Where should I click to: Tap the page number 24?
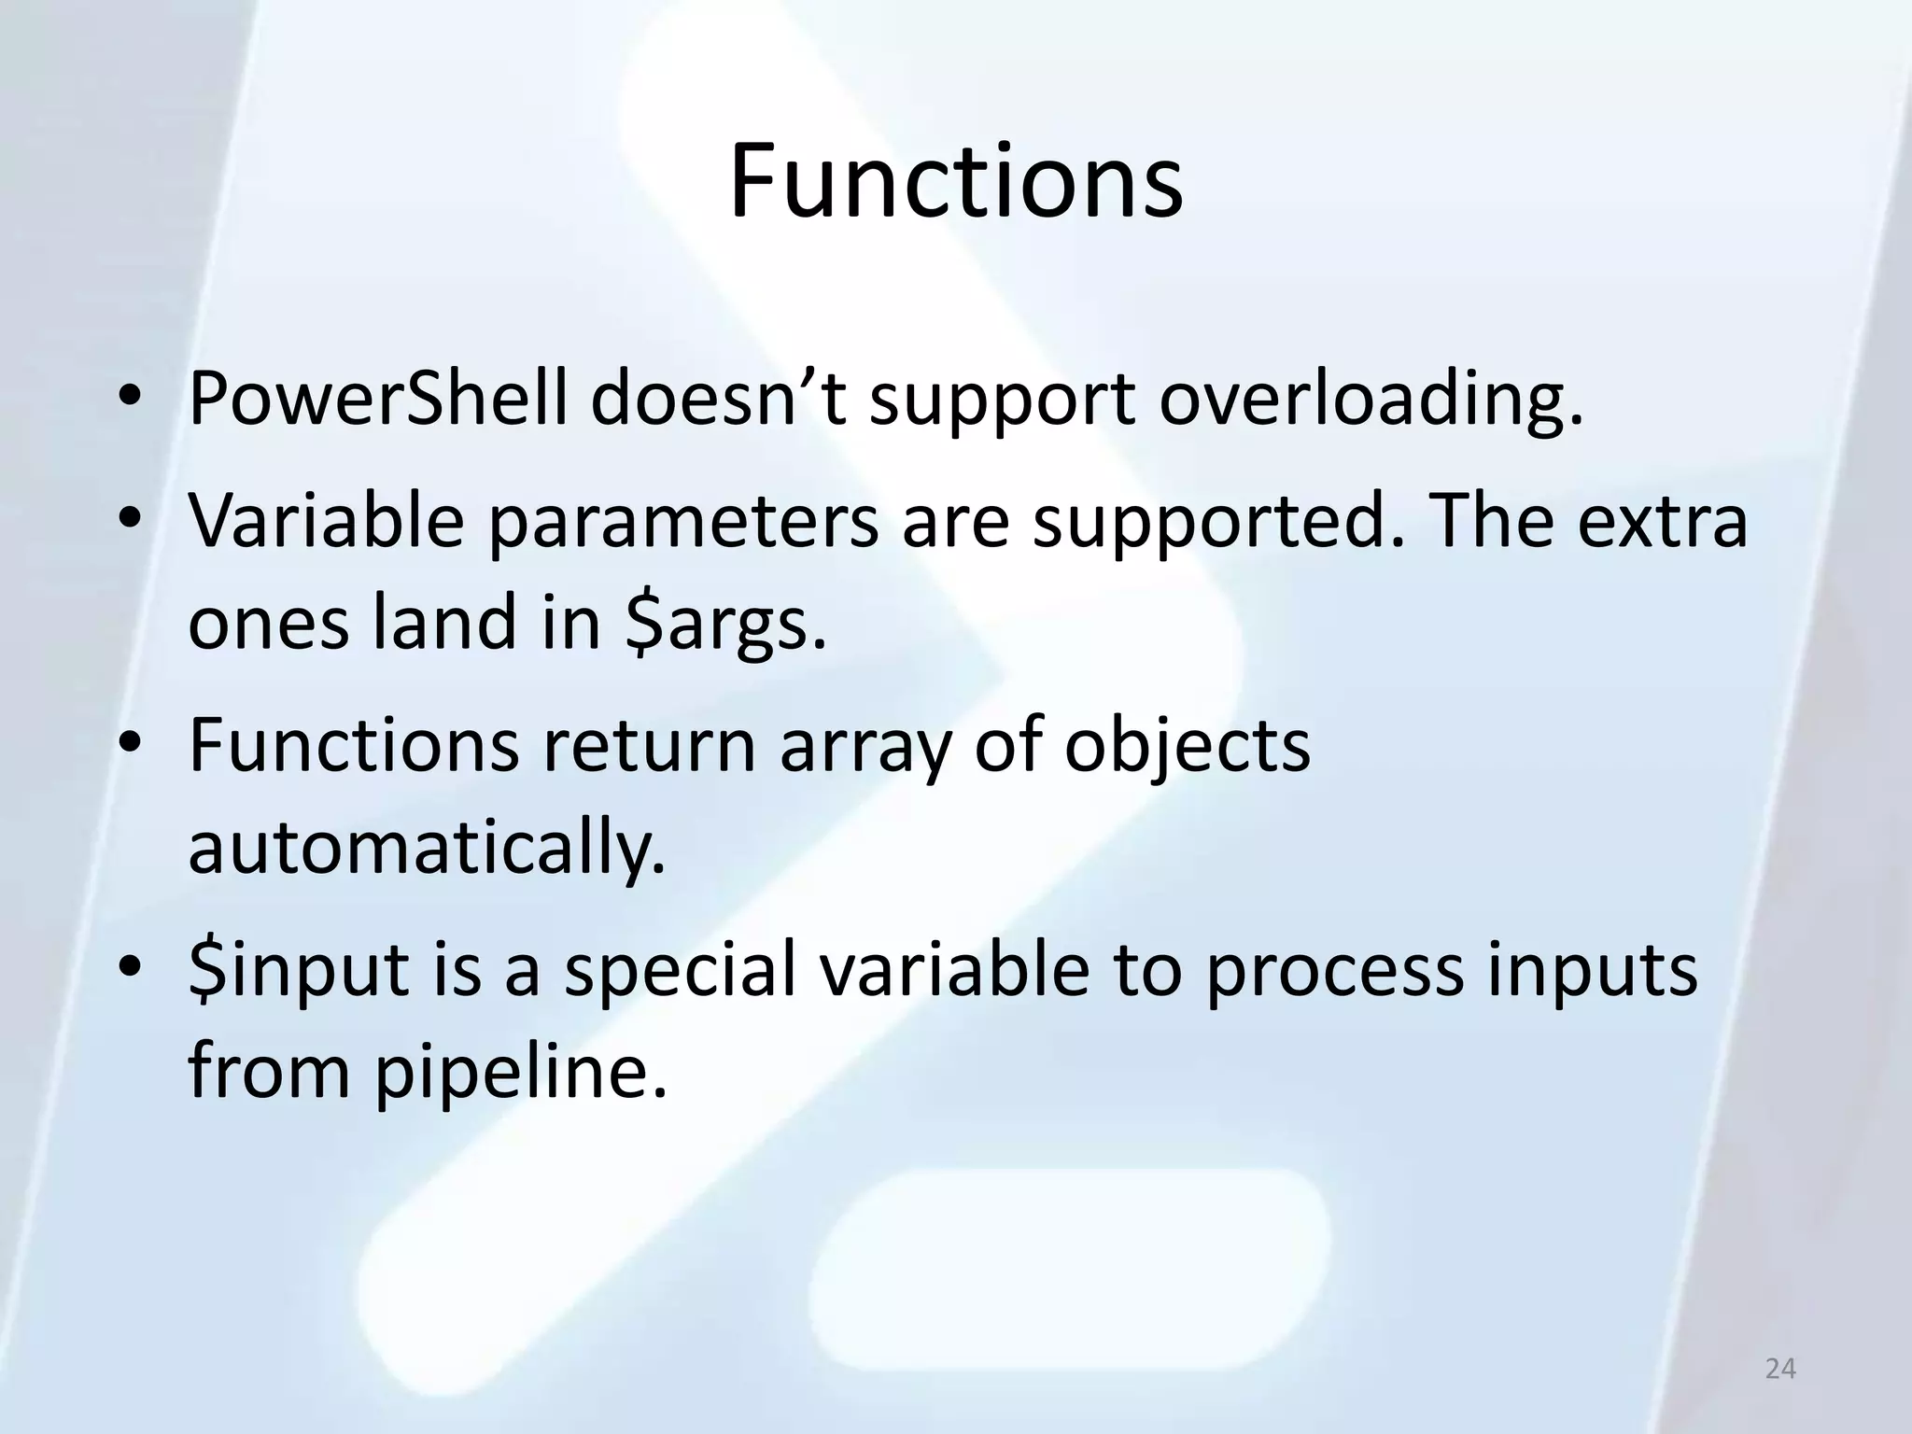(1780, 1369)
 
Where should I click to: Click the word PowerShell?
(377, 399)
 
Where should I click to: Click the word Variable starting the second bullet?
(326, 521)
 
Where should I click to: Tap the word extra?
(1662, 521)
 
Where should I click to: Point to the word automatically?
(427, 850)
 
